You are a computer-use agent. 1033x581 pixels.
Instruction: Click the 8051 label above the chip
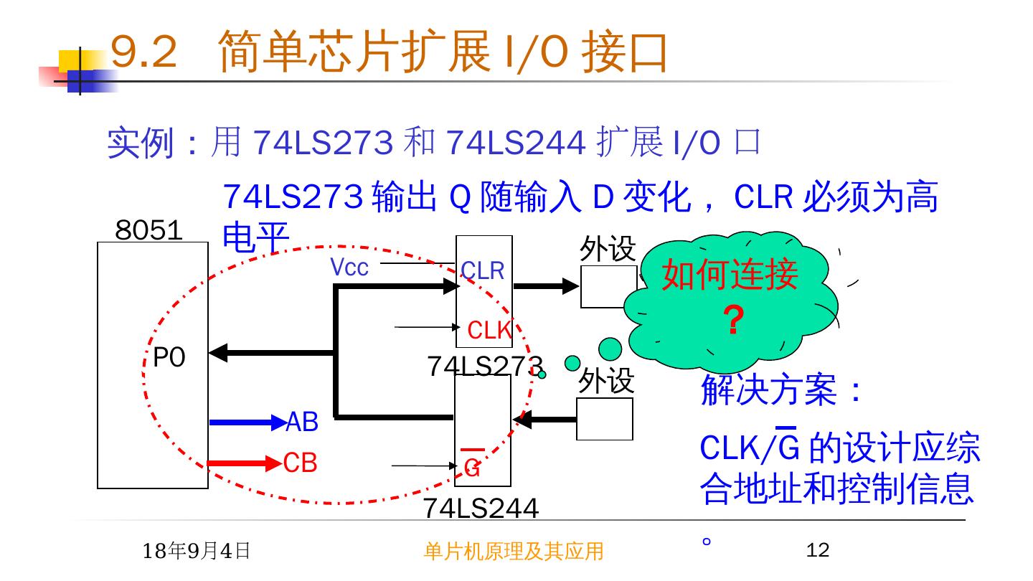pos(148,230)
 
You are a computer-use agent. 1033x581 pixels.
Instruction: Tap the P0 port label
pos(169,357)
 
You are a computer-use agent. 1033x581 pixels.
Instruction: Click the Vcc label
pos(349,268)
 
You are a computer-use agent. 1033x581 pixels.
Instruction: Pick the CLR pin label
pos(483,271)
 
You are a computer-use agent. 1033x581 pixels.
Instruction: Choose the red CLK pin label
pos(489,331)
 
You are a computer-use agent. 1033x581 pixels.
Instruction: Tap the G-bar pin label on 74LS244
pos(472,467)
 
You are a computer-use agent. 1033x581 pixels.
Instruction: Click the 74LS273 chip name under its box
pos(485,366)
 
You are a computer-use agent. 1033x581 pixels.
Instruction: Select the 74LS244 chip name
pos(481,508)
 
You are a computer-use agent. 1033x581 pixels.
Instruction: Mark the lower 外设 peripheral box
pos(605,419)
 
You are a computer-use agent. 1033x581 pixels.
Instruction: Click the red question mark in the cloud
pos(732,321)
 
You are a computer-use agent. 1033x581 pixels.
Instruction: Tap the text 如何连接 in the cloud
pos(730,274)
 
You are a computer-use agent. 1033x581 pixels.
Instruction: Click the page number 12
pos(818,550)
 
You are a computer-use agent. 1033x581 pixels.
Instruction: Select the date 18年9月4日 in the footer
pos(197,551)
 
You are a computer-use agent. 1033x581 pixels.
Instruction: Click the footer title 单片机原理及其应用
pos(514,551)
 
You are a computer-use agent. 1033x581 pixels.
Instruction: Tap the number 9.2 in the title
pos(144,52)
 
